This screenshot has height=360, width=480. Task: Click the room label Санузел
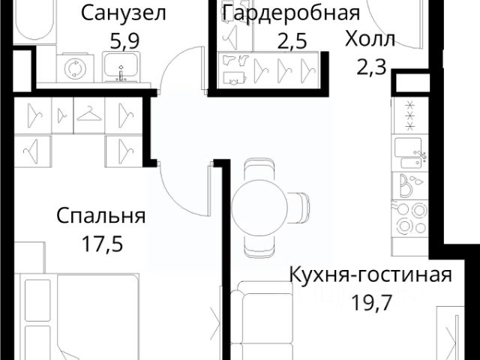pos(123,13)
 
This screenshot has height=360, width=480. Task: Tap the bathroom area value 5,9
pos(124,41)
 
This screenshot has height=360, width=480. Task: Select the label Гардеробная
pos(291,13)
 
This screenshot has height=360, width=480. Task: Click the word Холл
pos(370,40)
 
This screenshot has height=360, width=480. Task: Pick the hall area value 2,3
pos(371,67)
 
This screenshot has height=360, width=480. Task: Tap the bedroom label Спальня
pos(101,216)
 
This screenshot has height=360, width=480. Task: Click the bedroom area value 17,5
pos(103,244)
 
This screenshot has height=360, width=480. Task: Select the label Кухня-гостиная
pos(370,274)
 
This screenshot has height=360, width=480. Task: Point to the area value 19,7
pos(372,302)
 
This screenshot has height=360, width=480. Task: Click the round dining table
pos(259,208)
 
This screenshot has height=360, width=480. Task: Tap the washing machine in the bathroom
pos(75,68)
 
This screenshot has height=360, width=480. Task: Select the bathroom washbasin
pos(121,67)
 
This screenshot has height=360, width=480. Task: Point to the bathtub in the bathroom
pos(35,22)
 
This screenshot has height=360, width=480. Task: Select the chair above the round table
pos(260,169)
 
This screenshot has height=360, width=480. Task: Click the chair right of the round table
pos(298,208)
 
